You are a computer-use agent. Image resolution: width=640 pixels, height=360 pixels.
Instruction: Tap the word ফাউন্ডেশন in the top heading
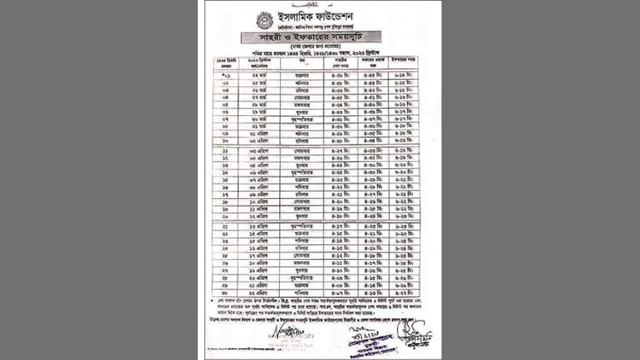(x=346, y=17)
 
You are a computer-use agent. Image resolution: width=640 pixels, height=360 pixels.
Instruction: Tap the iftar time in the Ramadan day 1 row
(x=404, y=75)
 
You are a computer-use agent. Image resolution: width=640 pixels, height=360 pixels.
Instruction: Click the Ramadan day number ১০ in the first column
(x=225, y=140)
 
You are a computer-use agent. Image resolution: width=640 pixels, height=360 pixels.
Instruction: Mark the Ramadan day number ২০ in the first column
(x=225, y=216)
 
